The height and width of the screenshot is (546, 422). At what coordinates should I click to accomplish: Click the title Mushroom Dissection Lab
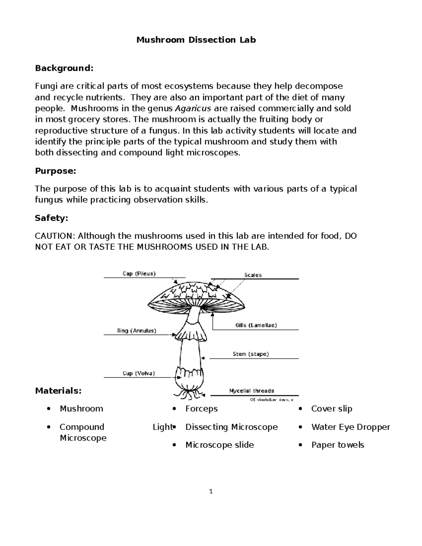tap(196, 40)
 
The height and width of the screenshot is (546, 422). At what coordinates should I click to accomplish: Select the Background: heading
tap(64, 68)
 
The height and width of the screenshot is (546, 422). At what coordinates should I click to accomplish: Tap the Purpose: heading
tap(55, 171)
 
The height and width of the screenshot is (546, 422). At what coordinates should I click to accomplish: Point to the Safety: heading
tap(51, 218)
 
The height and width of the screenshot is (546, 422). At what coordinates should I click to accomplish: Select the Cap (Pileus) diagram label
tap(139, 274)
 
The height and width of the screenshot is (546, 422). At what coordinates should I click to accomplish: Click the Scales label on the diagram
tap(253, 275)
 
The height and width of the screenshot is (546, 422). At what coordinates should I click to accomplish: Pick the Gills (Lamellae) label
tap(256, 325)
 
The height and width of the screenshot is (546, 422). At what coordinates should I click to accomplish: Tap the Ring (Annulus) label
tap(136, 330)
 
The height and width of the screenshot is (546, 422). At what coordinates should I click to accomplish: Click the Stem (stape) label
tap(250, 354)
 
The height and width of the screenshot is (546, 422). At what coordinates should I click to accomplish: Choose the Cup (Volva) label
tap(139, 373)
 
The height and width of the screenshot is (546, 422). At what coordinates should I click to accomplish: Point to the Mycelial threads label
tap(251, 391)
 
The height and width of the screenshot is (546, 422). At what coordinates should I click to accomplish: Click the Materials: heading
tap(58, 391)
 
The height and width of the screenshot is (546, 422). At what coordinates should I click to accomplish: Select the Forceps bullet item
tap(201, 409)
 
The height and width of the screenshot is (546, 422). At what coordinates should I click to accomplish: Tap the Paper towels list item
tap(337, 445)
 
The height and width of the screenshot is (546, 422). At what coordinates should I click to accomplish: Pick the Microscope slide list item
tap(219, 445)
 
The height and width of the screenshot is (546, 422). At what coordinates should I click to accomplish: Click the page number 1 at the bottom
tap(211, 492)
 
